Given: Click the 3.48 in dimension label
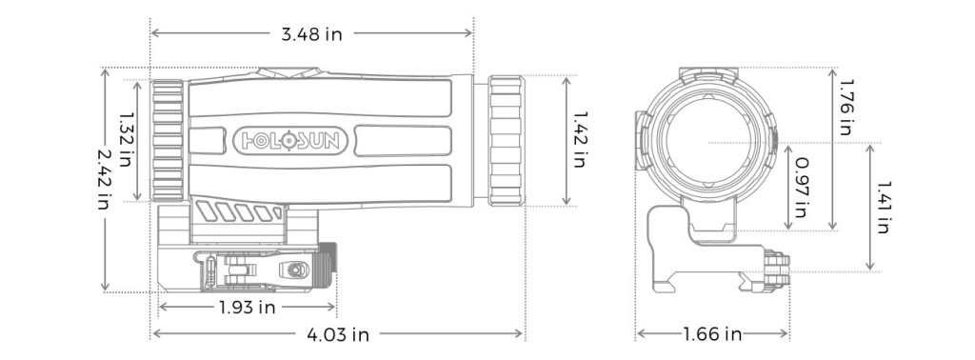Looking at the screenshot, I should [311, 34].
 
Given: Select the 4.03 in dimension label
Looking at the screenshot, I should [338, 334].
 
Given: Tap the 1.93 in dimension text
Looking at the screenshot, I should [247, 307].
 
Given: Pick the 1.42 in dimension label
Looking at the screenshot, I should [579, 140].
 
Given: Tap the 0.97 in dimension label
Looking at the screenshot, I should [801, 187].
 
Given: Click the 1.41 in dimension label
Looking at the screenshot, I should [882, 208].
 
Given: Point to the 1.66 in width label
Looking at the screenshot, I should [713, 334].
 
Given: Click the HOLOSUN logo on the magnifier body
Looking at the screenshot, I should [293, 141].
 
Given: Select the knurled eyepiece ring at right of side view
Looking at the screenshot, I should [505, 140].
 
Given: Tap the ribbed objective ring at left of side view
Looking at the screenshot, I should [168, 140].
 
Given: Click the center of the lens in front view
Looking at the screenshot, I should [708, 143].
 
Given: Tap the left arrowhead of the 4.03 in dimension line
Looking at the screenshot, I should [155, 334].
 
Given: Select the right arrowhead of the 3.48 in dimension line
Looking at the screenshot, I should [469, 34].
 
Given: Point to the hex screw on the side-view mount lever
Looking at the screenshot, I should [294, 271].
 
